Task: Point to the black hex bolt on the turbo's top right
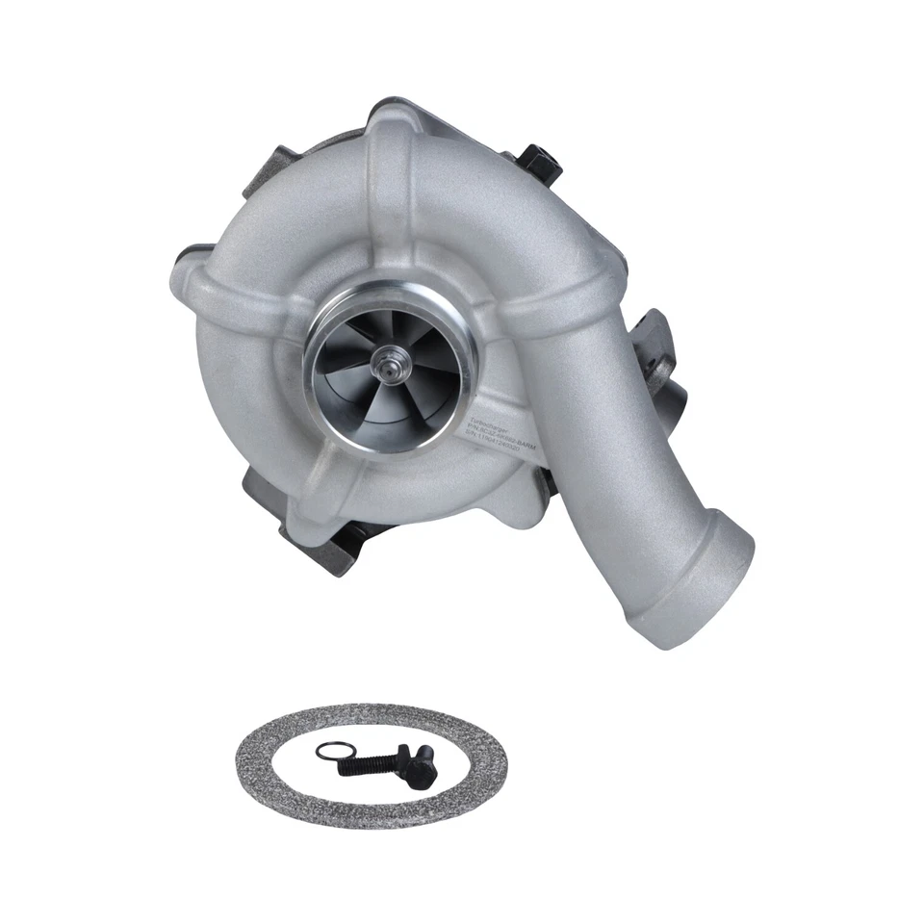click(x=541, y=162)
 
